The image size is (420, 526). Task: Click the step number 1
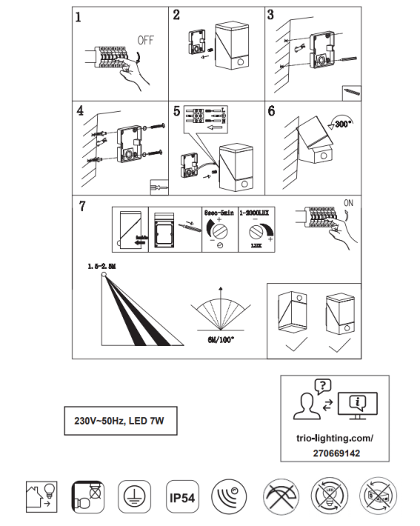tap(79, 17)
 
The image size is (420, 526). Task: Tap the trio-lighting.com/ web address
tap(336, 438)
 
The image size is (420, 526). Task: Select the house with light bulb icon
tap(39, 494)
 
